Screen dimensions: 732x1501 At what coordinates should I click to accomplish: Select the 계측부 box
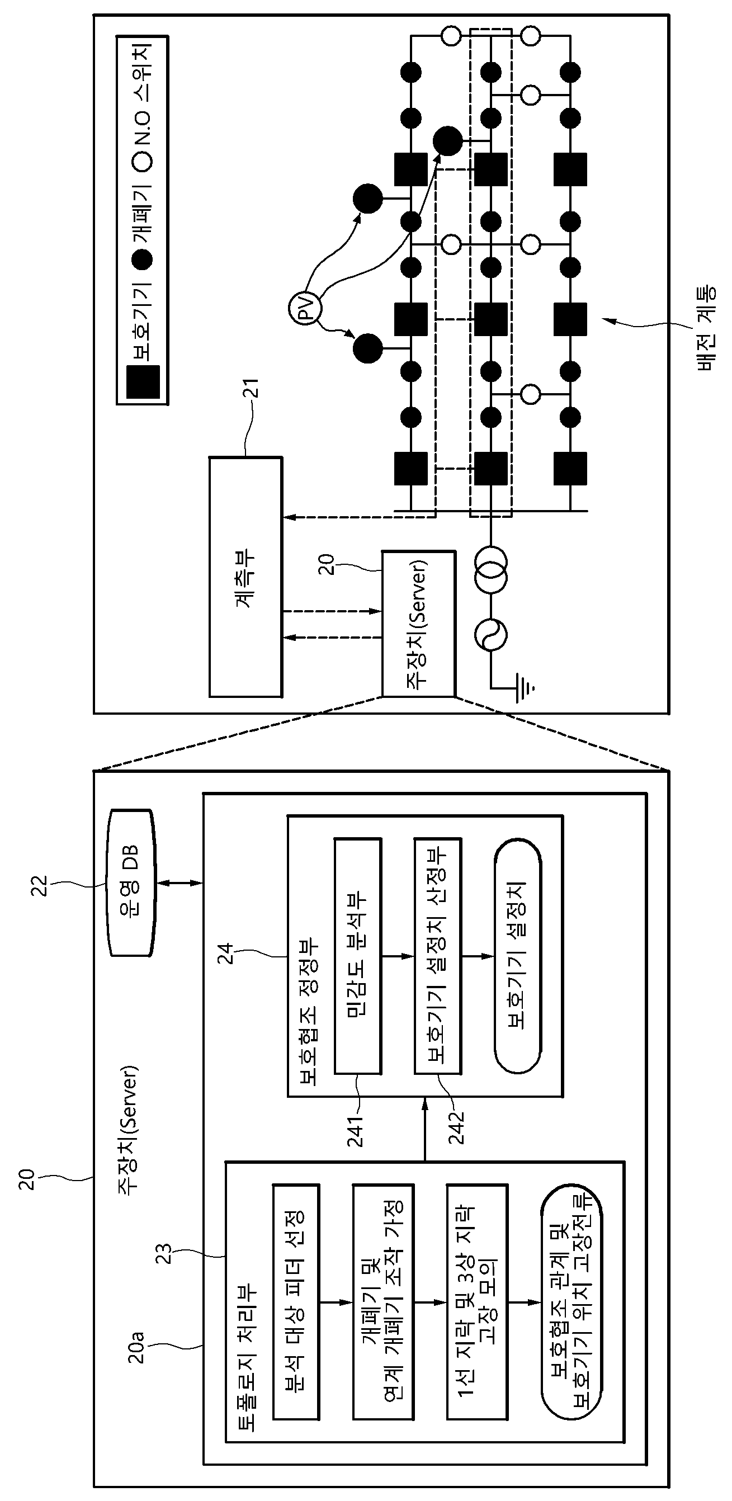coord(246,577)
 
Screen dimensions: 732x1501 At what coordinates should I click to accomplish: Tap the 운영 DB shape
coord(131,883)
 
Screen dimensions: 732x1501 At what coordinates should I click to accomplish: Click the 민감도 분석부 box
coord(357,956)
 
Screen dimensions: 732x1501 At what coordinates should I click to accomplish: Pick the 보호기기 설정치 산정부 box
coord(438,956)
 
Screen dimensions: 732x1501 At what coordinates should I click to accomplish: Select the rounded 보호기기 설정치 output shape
coord(517,956)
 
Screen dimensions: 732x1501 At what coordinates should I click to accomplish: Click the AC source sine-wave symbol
coord(491,635)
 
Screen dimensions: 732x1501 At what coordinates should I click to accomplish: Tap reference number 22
coord(39,886)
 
